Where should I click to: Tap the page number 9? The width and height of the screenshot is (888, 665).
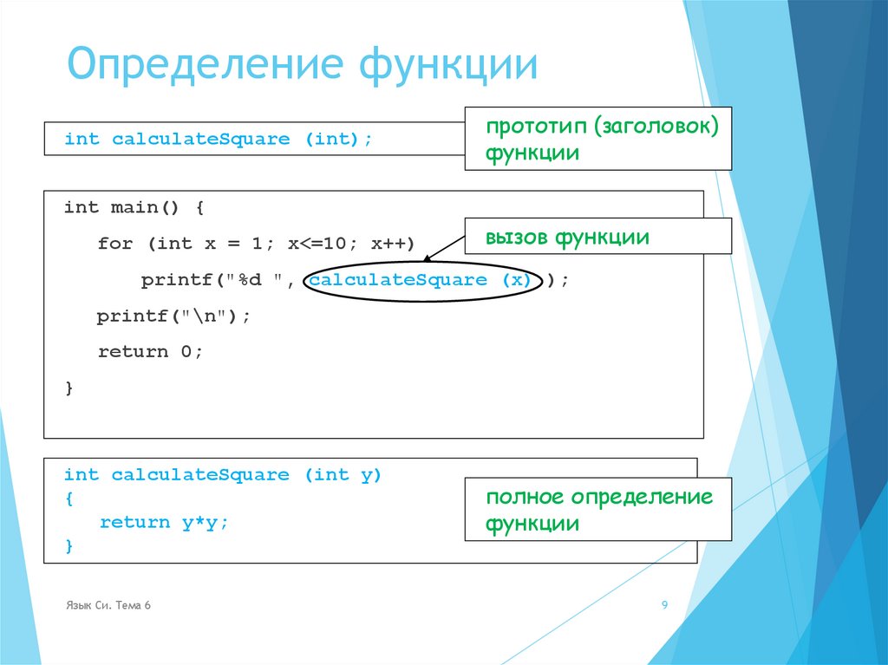pyautogui.click(x=664, y=605)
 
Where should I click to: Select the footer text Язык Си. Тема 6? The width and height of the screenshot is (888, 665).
pyautogui.click(x=108, y=605)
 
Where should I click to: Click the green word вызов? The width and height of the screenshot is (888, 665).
pyautogui.click(x=517, y=237)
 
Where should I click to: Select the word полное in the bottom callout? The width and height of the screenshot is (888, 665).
pyautogui.click(x=524, y=497)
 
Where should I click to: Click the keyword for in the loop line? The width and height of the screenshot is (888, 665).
pyautogui.click(x=114, y=244)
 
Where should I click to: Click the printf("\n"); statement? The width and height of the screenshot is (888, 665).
pyautogui.click(x=173, y=316)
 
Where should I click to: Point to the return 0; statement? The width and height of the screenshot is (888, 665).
pyautogui.click(x=149, y=352)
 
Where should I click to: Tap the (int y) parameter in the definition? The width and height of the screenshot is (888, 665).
pyautogui.click(x=343, y=475)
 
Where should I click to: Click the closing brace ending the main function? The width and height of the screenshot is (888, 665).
pyautogui.click(x=69, y=388)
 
